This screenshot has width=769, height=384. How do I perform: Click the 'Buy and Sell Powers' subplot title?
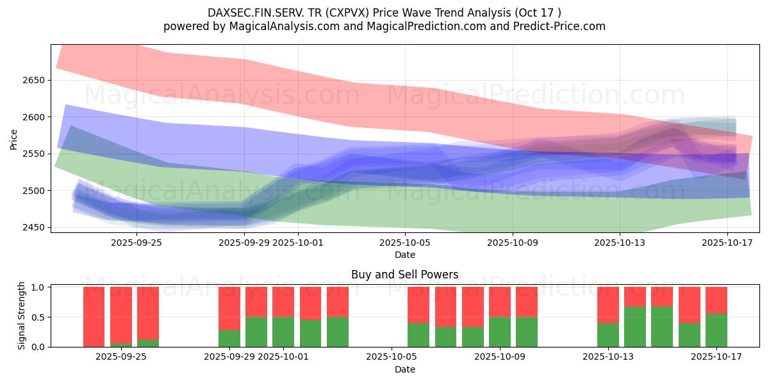click(404, 275)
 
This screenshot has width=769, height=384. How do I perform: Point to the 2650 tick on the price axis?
click(33, 80)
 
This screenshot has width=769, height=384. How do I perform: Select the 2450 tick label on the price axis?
click(33, 227)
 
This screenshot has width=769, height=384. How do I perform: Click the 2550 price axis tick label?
click(33, 154)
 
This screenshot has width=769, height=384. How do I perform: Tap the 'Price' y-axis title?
click(13, 138)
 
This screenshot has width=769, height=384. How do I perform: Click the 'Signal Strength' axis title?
click(21, 316)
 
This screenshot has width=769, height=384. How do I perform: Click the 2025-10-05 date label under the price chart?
click(404, 243)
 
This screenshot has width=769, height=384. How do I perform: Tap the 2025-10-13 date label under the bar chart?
click(608, 357)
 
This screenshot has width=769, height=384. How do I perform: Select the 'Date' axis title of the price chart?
click(404, 255)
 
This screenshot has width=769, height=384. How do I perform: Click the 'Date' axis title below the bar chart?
click(404, 369)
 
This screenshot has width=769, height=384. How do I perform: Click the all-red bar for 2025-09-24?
click(94, 317)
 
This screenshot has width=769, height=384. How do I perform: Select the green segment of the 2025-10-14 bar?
click(635, 326)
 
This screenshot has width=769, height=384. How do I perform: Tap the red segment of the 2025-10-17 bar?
click(716, 300)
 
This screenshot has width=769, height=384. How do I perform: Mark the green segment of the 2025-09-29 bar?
click(229, 339)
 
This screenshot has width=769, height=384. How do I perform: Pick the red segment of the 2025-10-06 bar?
click(418, 305)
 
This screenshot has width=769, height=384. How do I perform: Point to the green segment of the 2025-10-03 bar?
click(338, 332)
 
